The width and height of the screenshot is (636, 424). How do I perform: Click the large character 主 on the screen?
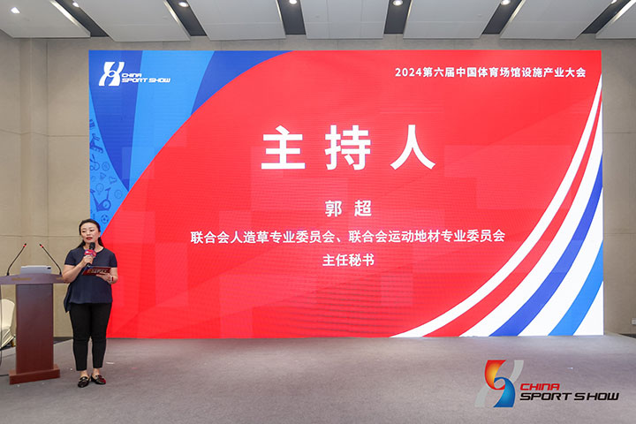click(284, 148)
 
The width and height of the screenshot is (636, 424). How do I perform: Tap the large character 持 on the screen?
click(348, 148)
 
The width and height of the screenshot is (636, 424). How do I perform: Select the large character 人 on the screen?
click(413, 148)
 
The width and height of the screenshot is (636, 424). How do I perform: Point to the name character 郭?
click(333, 209)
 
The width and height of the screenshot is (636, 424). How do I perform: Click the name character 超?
click(363, 209)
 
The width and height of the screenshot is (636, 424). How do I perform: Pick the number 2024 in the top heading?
click(408, 72)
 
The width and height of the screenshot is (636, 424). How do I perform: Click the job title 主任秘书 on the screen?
click(348, 260)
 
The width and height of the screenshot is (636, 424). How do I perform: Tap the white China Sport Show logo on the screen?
click(134, 74)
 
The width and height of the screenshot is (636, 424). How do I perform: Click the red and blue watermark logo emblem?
click(500, 383)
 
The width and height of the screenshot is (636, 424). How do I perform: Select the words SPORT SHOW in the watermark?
click(569, 396)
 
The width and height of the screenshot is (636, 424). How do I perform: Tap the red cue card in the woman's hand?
click(96, 270)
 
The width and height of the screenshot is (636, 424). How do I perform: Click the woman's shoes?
click(92, 381)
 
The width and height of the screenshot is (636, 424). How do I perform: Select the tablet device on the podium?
click(35, 269)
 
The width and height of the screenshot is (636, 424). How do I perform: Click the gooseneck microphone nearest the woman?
click(50, 259)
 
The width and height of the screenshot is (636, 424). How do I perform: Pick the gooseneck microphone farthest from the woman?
click(16, 259)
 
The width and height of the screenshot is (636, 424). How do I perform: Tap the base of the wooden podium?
click(34, 375)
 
